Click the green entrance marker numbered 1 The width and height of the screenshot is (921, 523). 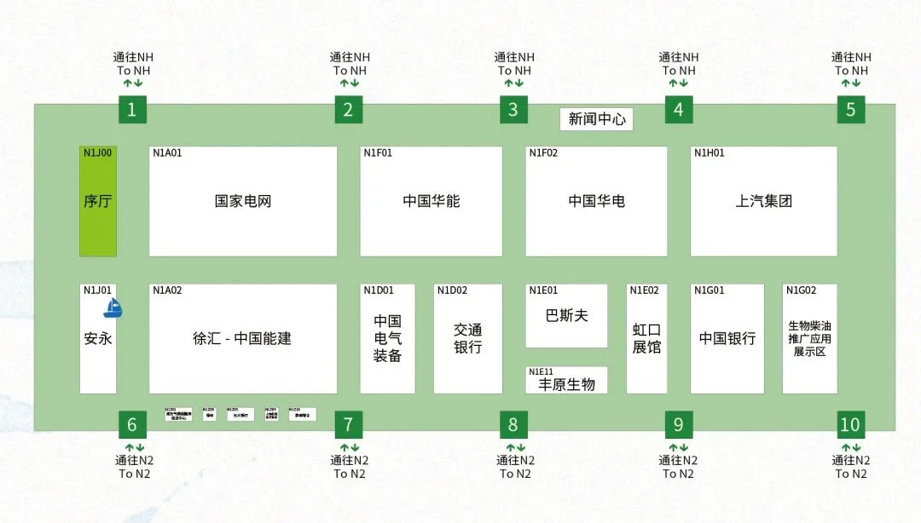click(x=131, y=109)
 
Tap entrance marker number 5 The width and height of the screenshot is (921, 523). click(x=850, y=109)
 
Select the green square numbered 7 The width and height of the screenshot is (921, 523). click(x=348, y=424)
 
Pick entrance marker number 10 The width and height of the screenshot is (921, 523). click(x=850, y=424)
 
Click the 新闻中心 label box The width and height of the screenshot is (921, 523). click(x=597, y=119)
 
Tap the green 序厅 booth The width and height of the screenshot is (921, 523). click(x=98, y=202)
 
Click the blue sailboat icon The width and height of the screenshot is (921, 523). click(x=113, y=308)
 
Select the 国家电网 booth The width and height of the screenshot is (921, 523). click(x=243, y=202)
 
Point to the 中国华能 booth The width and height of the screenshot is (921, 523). click(x=432, y=202)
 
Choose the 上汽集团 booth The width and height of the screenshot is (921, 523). click(x=764, y=202)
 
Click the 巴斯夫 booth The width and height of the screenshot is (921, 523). click(x=566, y=316)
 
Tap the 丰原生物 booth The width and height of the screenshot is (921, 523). click(x=566, y=383)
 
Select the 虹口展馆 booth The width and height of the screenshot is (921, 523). click(x=646, y=339)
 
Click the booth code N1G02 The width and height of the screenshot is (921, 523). click(x=801, y=290)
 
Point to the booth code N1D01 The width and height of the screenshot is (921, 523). click(x=378, y=290)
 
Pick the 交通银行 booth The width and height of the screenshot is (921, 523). click(x=467, y=339)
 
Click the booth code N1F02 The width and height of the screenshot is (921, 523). click(x=543, y=153)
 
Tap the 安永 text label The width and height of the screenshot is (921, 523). click(x=98, y=338)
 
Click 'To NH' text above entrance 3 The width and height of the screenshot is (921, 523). click(x=514, y=71)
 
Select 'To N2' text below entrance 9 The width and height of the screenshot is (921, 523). click(x=678, y=474)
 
